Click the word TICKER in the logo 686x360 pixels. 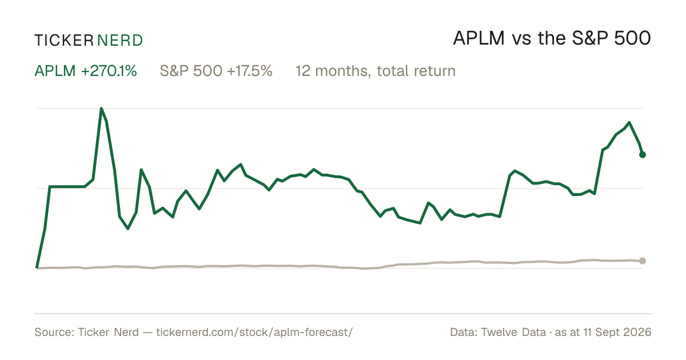(63, 41)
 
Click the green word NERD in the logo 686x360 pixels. (119, 41)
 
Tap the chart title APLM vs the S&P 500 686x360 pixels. (552, 38)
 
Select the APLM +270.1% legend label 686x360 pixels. (86, 71)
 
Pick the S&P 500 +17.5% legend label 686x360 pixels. (216, 71)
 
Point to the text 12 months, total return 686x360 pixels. (376, 71)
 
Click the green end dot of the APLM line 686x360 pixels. (643, 155)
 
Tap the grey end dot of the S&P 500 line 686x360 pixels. (643, 261)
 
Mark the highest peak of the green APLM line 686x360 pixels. (101, 109)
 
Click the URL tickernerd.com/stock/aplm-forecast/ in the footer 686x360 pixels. (254, 332)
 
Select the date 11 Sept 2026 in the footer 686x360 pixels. (617, 332)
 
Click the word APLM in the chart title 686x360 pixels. (478, 38)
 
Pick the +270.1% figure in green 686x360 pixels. (109, 71)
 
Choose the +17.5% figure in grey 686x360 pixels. (250, 71)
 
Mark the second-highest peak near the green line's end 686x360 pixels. (629, 122)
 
